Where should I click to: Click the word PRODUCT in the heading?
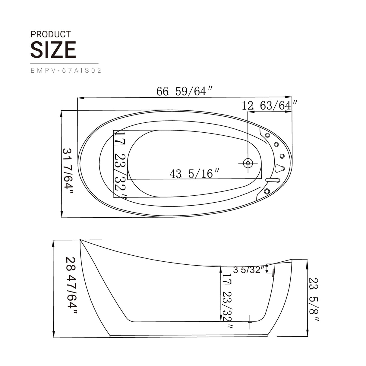tap(50, 34)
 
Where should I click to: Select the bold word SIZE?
tap(53, 50)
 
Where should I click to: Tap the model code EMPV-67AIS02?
tap(66, 71)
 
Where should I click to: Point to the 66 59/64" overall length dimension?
tap(185, 91)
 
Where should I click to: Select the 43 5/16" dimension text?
tap(194, 174)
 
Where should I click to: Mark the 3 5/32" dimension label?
tap(248, 270)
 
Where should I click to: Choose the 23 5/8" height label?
tap(314, 300)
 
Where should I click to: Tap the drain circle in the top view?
tap(248, 163)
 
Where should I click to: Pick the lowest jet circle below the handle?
tap(267, 191)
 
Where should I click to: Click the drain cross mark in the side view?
tap(250, 322)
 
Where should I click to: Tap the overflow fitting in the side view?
tap(273, 273)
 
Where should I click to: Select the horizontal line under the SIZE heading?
tap(64, 64)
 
